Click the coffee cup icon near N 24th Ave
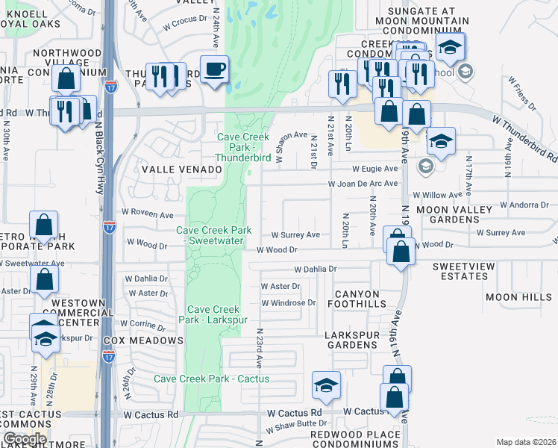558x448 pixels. click(x=216, y=70)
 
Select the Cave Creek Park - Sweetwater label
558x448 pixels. click(x=213, y=236)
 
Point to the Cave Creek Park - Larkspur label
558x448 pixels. click(x=213, y=314)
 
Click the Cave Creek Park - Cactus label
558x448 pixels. click(x=212, y=379)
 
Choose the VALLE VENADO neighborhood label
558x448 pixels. click(x=182, y=169)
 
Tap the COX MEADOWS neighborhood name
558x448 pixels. click(x=143, y=340)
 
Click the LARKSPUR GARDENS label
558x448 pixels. click(x=356, y=340)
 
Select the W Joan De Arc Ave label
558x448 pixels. click(x=363, y=184)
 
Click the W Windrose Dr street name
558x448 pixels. click(x=289, y=303)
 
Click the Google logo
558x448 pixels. click(x=24, y=439)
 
